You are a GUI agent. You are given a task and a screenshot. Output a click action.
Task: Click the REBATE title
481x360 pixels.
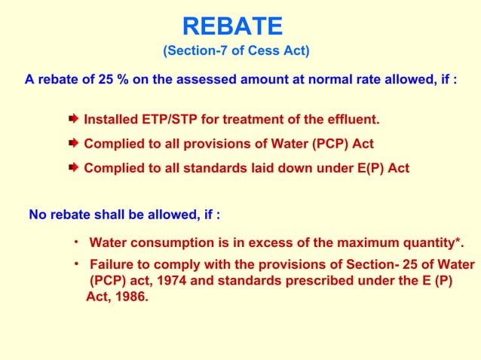pos(232,27)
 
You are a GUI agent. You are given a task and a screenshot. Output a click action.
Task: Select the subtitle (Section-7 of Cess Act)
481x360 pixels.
pos(236,51)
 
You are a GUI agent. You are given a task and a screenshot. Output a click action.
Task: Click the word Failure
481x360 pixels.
pos(113,265)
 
